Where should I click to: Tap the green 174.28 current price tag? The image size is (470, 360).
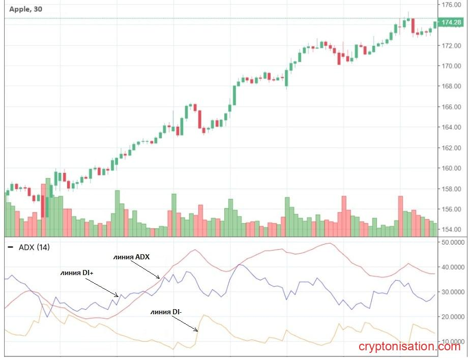451,22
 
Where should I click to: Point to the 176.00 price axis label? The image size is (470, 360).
451,5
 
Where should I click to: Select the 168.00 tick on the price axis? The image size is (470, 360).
451,86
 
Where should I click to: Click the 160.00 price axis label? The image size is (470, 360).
451,169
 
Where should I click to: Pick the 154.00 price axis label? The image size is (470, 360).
451,230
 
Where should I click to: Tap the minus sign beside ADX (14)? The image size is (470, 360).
11,247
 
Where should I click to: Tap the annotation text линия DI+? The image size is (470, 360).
76,273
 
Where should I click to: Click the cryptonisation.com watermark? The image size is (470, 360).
409,347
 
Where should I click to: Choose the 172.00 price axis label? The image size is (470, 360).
451,46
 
